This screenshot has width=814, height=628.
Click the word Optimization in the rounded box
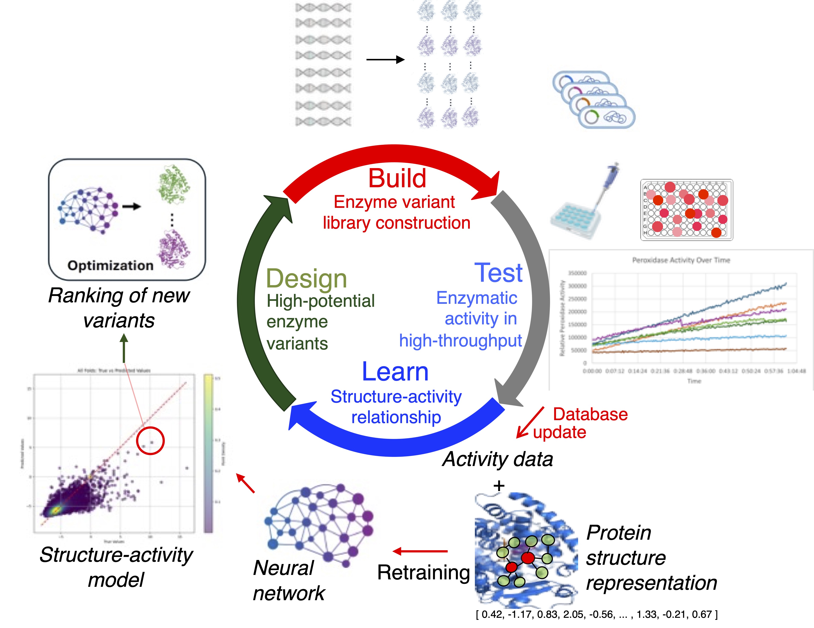110,265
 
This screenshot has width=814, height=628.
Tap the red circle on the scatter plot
150,441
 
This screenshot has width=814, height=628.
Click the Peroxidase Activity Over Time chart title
681,260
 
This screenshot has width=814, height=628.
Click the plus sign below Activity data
499,486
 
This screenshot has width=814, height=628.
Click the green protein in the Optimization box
173,184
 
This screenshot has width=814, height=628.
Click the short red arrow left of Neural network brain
246,483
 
